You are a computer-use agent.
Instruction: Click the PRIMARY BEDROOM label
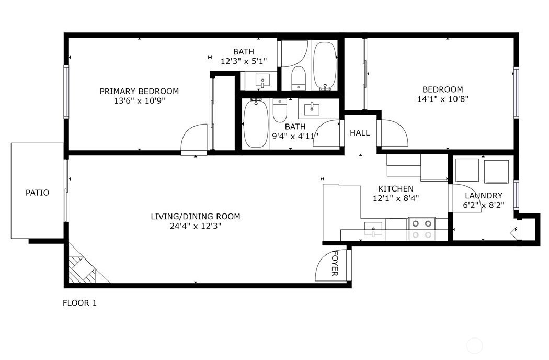(139, 91)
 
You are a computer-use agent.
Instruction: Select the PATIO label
(38, 193)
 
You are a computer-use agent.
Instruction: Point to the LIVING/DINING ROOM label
(196, 216)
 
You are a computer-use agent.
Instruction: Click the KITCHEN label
(396, 188)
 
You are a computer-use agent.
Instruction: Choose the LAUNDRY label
(483, 195)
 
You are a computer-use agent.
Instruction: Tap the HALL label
(360, 133)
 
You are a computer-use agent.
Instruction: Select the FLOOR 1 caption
(79, 302)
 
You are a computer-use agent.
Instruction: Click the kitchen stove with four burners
(421, 229)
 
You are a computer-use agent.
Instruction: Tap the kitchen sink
(373, 229)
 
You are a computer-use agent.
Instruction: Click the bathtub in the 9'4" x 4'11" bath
(256, 124)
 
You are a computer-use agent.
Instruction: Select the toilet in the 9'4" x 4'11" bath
(280, 110)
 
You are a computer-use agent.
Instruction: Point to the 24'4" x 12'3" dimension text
(196, 226)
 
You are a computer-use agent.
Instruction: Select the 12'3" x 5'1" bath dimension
(244, 61)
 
